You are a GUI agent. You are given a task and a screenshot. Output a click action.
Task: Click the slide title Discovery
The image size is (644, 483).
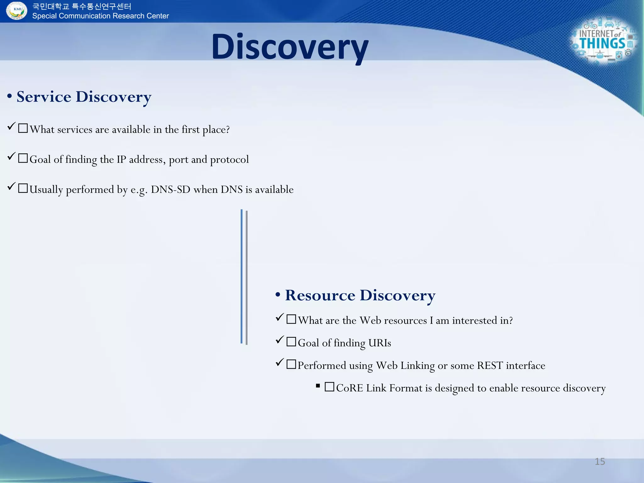pyautogui.click(x=290, y=47)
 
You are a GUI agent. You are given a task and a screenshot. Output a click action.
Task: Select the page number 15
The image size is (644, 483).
pyautogui.click(x=600, y=461)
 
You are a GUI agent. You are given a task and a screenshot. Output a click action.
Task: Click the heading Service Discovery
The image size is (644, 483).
pyautogui.click(x=84, y=97)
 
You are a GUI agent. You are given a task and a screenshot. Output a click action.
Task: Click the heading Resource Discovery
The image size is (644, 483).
pyautogui.click(x=360, y=295)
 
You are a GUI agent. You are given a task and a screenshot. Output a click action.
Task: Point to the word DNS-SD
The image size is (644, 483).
pyautogui.click(x=170, y=190)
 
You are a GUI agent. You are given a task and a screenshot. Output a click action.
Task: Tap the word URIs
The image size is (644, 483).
pyautogui.click(x=380, y=343)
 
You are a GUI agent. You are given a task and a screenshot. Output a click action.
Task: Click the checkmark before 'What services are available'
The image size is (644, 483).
pyautogui.click(x=11, y=126)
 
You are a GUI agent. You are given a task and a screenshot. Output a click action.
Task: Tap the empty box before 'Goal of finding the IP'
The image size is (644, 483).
pyautogui.click(x=23, y=158)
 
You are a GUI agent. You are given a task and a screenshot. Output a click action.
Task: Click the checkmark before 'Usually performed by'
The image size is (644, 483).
pyautogui.click(x=11, y=186)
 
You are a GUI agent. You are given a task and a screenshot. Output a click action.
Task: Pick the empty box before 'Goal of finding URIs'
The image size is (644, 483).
pyautogui.click(x=291, y=341)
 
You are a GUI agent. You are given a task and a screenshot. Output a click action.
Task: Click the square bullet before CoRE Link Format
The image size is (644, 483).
pyautogui.click(x=318, y=386)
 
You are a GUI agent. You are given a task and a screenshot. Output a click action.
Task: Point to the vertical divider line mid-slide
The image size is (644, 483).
pyautogui.click(x=244, y=277)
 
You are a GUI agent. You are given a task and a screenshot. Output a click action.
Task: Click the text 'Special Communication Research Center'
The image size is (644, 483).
pyautogui.click(x=100, y=16)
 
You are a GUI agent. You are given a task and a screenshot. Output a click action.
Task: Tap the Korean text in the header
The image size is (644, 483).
pyautogui.click(x=82, y=6)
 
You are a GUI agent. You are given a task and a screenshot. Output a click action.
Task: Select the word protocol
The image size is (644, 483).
pyautogui.click(x=229, y=160)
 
